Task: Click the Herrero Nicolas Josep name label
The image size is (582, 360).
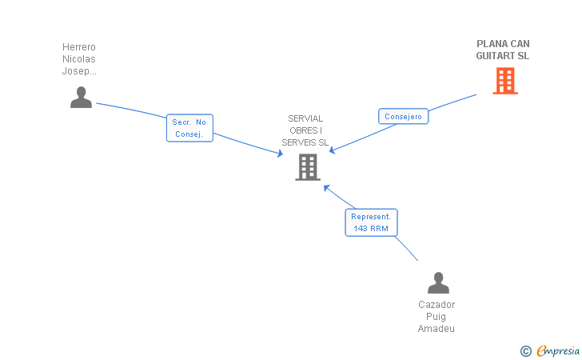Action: tap(79, 58)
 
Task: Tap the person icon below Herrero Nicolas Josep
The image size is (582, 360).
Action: tap(81, 98)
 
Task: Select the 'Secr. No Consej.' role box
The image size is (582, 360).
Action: tap(189, 128)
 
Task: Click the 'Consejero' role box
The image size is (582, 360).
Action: tap(403, 116)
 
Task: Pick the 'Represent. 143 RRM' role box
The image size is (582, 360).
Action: tap(371, 222)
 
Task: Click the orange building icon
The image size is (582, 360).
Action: tap(505, 81)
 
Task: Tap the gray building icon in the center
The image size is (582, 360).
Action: tap(308, 167)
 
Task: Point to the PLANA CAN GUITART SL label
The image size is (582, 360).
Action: tap(503, 50)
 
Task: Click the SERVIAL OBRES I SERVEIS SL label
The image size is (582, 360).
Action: tap(305, 130)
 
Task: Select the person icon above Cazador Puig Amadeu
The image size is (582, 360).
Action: tap(438, 282)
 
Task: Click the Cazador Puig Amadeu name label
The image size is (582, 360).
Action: tap(436, 317)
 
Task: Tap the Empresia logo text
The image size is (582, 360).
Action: tap(558, 350)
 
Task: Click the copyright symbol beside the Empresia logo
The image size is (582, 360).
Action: tap(526, 351)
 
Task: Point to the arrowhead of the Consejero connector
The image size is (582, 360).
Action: tap(332, 150)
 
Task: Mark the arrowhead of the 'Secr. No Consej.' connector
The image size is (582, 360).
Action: tap(281, 153)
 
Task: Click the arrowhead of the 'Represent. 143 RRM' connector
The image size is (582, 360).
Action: tap(326, 188)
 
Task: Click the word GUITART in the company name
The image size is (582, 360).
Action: tap(494, 56)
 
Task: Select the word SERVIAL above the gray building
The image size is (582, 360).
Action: tap(305, 118)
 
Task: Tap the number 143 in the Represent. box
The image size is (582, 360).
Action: tap(361, 229)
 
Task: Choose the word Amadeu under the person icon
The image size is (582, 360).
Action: tap(436, 329)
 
